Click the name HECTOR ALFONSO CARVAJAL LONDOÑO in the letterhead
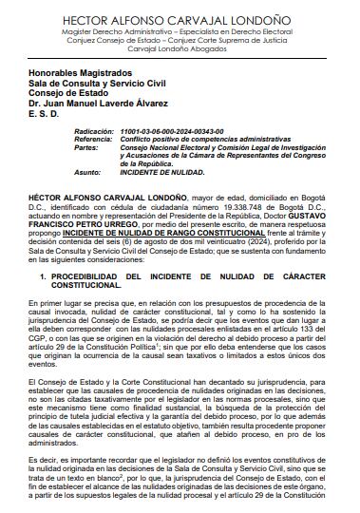(180, 18)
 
